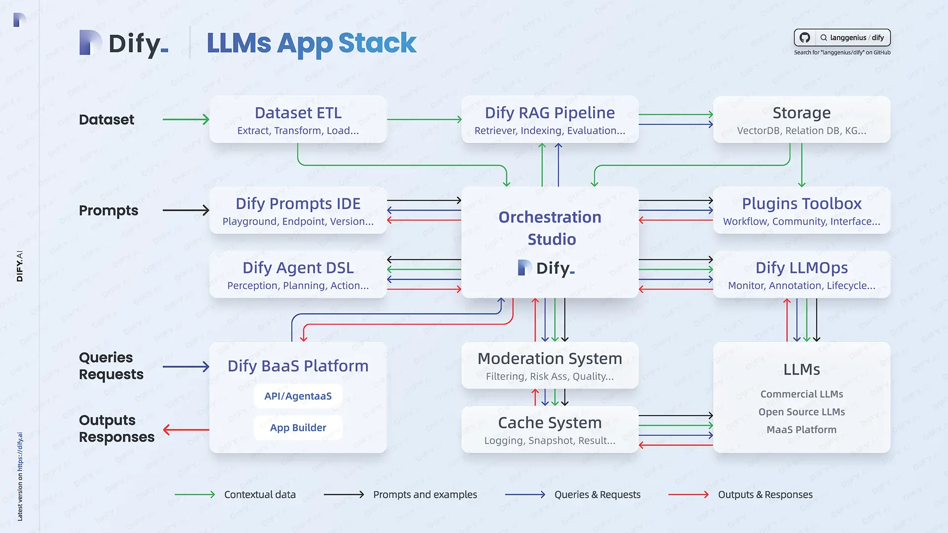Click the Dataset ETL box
[x=298, y=120]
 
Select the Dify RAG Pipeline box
[x=550, y=120]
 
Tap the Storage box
[x=801, y=120]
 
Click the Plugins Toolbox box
[x=801, y=211]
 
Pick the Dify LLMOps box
[x=801, y=275]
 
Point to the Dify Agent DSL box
[x=298, y=275]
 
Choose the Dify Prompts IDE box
[x=298, y=211]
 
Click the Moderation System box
[x=550, y=366]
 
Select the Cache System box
[x=550, y=430]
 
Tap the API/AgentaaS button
[x=298, y=396]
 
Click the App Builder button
[x=298, y=427]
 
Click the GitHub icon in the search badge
[x=805, y=38]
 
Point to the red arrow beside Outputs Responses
[x=186, y=430]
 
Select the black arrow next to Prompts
[x=186, y=210]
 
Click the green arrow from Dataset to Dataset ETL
[x=186, y=119]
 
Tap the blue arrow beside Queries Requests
[x=186, y=366]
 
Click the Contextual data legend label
[x=260, y=495]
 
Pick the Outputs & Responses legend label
[x=765, y=495]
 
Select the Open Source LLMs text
[x=801, y=412]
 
